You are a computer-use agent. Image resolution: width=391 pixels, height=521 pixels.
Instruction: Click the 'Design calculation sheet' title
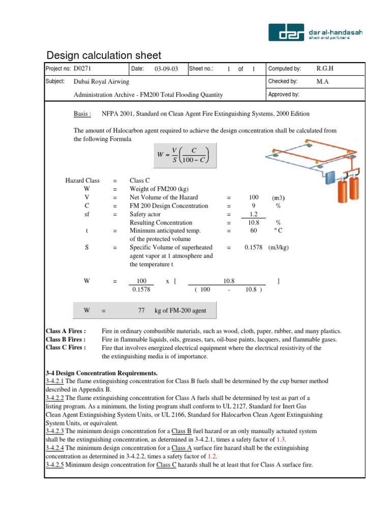point(104,55)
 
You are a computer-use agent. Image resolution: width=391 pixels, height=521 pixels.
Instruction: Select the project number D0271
point(83,69)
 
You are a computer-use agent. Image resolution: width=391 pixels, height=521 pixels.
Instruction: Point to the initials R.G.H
point(325,69)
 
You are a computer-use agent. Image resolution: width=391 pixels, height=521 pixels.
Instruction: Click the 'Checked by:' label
point(283,81)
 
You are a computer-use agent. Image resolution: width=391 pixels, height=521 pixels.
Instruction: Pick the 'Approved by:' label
point(284,95)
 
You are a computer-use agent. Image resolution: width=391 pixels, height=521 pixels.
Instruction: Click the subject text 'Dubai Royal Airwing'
point(101,82)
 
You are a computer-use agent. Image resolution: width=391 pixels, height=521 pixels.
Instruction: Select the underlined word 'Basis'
point(82,114)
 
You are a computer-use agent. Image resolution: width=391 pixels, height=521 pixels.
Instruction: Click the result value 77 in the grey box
point(142,310)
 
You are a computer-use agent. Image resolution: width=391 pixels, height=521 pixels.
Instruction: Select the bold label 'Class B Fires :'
point(66,339)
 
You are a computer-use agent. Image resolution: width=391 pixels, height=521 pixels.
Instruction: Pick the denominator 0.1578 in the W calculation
point(142,290)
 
